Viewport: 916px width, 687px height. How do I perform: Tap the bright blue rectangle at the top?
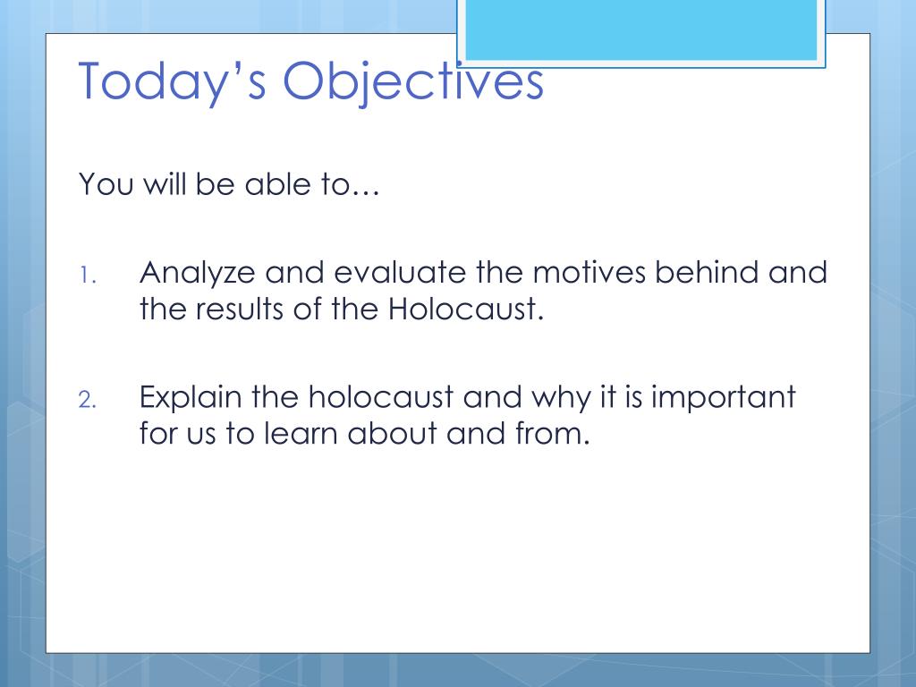[640, 30]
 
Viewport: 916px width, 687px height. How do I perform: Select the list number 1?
[87, 276]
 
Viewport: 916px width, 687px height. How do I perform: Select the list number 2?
[87, 400]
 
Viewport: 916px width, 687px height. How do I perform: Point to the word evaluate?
[400, 273]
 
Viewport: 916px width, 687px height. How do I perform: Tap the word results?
[240, 309]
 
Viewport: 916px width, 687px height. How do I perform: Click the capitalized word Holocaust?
[465, 309]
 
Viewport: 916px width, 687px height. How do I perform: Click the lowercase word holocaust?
[381, 396]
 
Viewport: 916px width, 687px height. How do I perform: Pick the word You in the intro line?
[106, 184]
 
